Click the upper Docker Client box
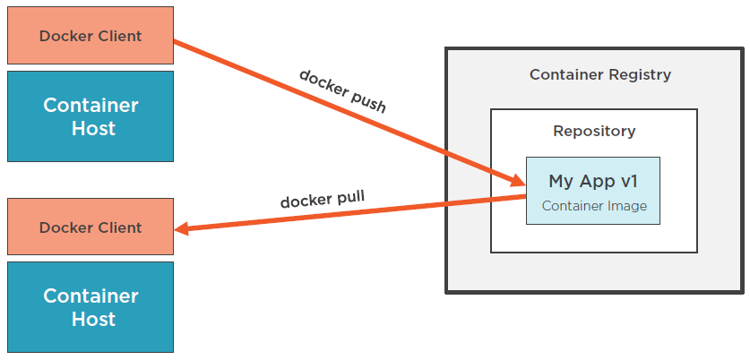click(x=91, y=36)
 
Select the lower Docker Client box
click(x=91, y=227)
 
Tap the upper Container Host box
click(x=91, y=116)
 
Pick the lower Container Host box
click(x=91, y=307)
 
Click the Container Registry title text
click(x=599, y=75)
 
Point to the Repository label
click(x=594, y=132)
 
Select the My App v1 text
click(x=592, y=181)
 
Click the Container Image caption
click(x=594, y=206)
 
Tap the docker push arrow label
click(x=341, y=90)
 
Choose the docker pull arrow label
click(x=323, y=199)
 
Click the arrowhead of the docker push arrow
click(x=519, y=176)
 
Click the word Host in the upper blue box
click(x=94, y=128)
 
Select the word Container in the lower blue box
click(x=91, y=296)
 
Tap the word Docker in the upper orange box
click(x=65, y=36)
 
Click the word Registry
click(x=640, y=75)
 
